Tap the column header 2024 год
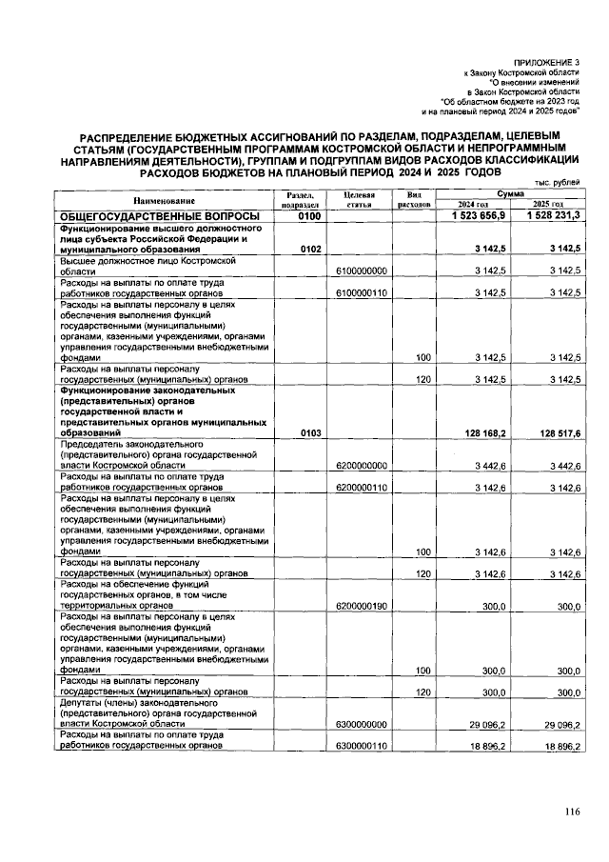point(473,205)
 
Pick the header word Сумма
point(510,193)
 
